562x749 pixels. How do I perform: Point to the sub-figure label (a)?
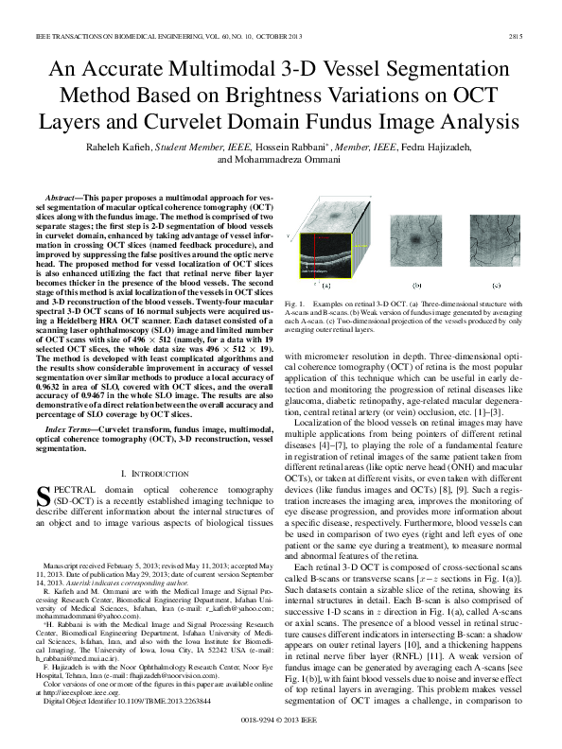(x=325, y=283)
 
